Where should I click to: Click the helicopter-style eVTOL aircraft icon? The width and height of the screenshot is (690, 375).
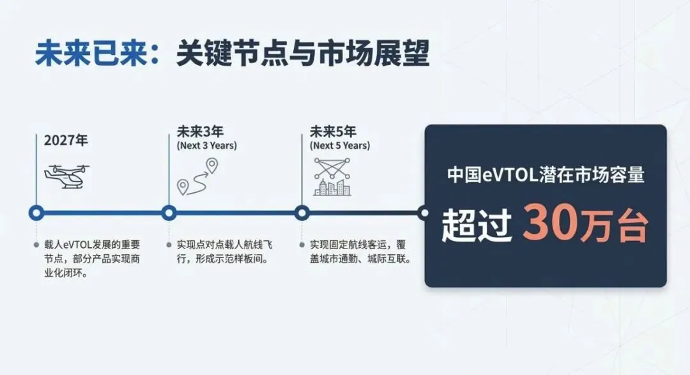click(66, 176)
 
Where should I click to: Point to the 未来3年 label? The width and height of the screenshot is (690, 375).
click(200, 132)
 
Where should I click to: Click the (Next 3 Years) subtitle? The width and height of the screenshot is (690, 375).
click(206, 146)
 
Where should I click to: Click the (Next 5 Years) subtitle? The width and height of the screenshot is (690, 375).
click(340, 146)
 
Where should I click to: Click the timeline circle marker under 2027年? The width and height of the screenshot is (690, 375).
click(36, 213)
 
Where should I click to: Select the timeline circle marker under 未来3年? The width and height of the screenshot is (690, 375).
click(169, 213)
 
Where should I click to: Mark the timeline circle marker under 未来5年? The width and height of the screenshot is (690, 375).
click(302, 213)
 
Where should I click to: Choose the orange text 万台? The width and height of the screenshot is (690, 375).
click(614, 226)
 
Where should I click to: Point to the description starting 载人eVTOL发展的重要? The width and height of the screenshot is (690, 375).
click(89, 259)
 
